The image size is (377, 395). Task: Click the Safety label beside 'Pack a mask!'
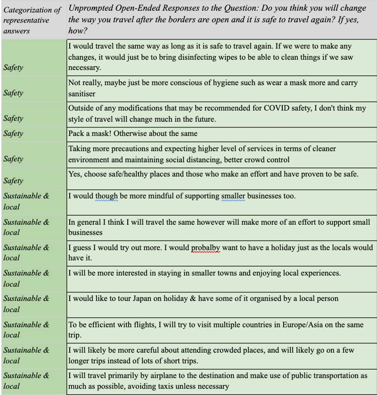[x=13, y=134]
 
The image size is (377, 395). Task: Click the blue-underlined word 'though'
[x=107, y=196]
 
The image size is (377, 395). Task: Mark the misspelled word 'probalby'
[x=205, y=247]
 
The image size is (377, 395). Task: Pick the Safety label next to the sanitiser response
[x=13, y=93]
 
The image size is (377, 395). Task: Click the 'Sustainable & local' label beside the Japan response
[x=26, y=304]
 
